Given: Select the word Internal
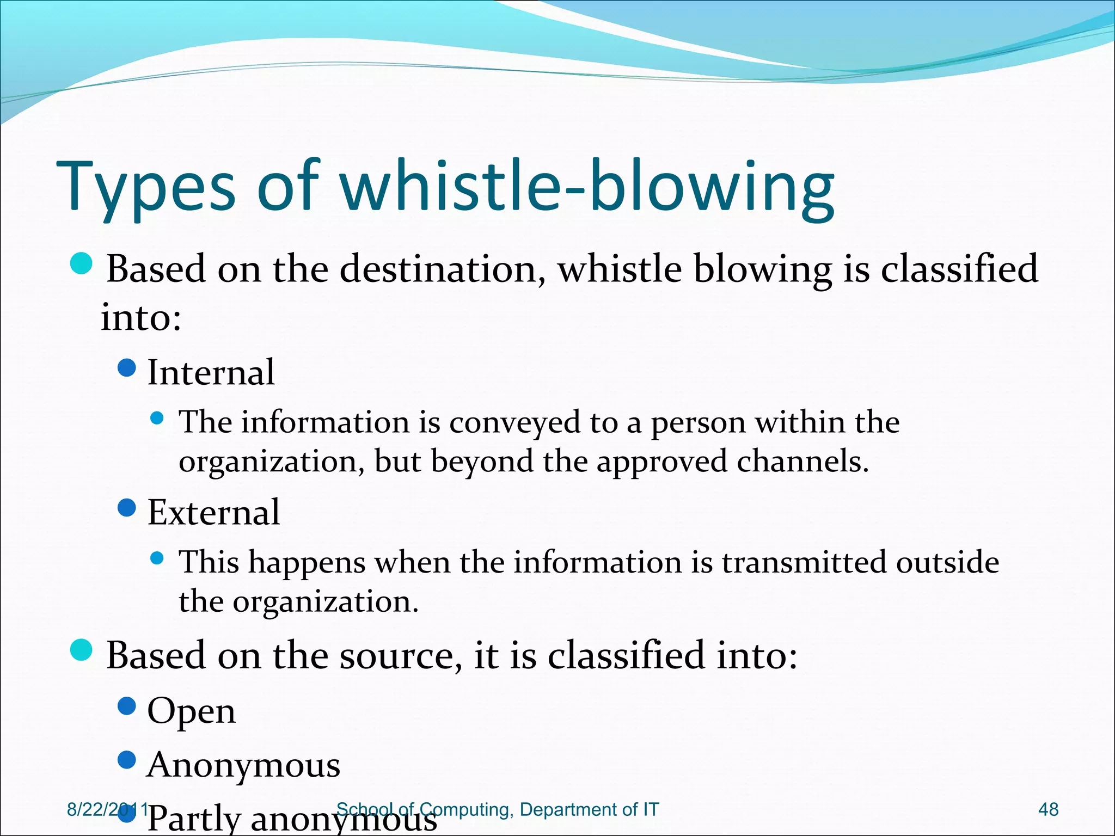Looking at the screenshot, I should [x=211, y=373].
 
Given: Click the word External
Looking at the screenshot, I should [x=213, y=513].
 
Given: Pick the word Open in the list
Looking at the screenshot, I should [x=192, y=711].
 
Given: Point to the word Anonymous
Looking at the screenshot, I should [x=243, y=765].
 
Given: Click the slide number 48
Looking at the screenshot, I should [x=1048, y=809].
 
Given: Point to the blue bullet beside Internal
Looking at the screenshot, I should [x=126, y=368].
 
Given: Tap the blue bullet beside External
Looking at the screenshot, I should [x=126, y=508].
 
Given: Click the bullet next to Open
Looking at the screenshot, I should [x=126, y=706].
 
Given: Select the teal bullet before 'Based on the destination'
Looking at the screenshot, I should [x=82, y=265].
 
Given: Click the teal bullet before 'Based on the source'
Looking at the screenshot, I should [x=82, y=650].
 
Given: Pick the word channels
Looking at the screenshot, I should [x=802, y=462].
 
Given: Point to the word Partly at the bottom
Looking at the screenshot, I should [x=194, y=819].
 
